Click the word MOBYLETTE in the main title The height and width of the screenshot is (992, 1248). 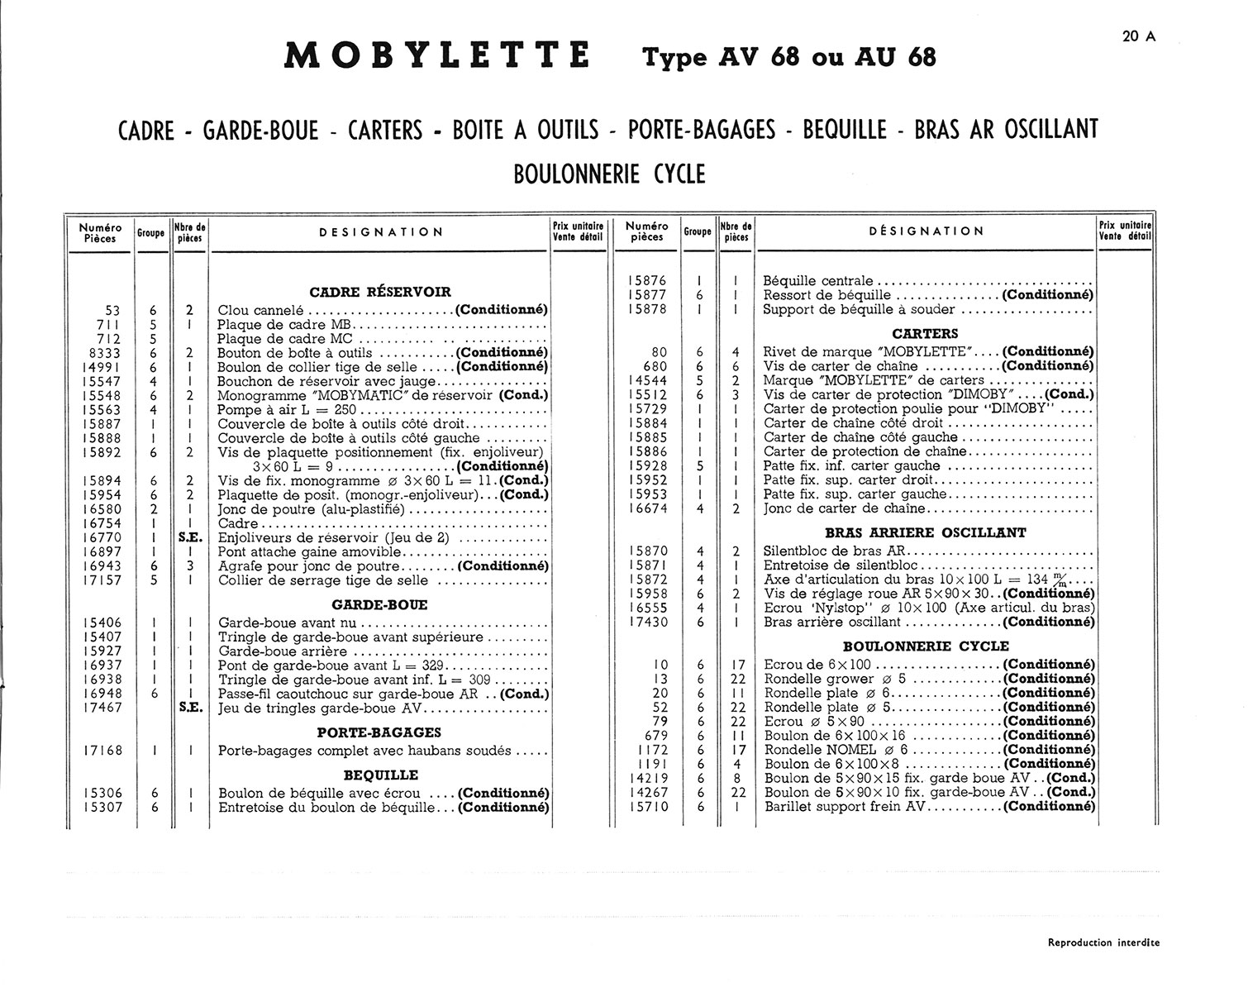click(x=437, y=55)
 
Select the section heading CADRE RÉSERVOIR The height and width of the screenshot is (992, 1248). click(x=380, y=292)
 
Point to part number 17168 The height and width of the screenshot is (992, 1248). click(x=103, y=751)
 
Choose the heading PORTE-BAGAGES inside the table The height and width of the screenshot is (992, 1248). click(x=379, y=732)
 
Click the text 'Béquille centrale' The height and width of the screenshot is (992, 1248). click(x=818, y=281)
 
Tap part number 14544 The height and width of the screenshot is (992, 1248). click(x=648, y=381)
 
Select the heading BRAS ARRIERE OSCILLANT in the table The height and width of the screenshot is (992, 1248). click(x=926, y=533)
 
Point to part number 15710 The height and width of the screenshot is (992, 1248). click(x=648, y=807)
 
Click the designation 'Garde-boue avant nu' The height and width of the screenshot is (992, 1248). click(x=286, y=623)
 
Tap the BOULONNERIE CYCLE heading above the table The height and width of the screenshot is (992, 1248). click(x=610, y=174)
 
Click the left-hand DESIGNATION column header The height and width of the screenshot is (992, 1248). click(x=381, y=232)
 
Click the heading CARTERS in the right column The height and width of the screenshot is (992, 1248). click(x=926, y=334)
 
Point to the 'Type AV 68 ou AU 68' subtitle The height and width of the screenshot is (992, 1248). click(x=789, y=58)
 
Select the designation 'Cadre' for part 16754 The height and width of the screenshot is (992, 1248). click(x=238, y=524)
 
